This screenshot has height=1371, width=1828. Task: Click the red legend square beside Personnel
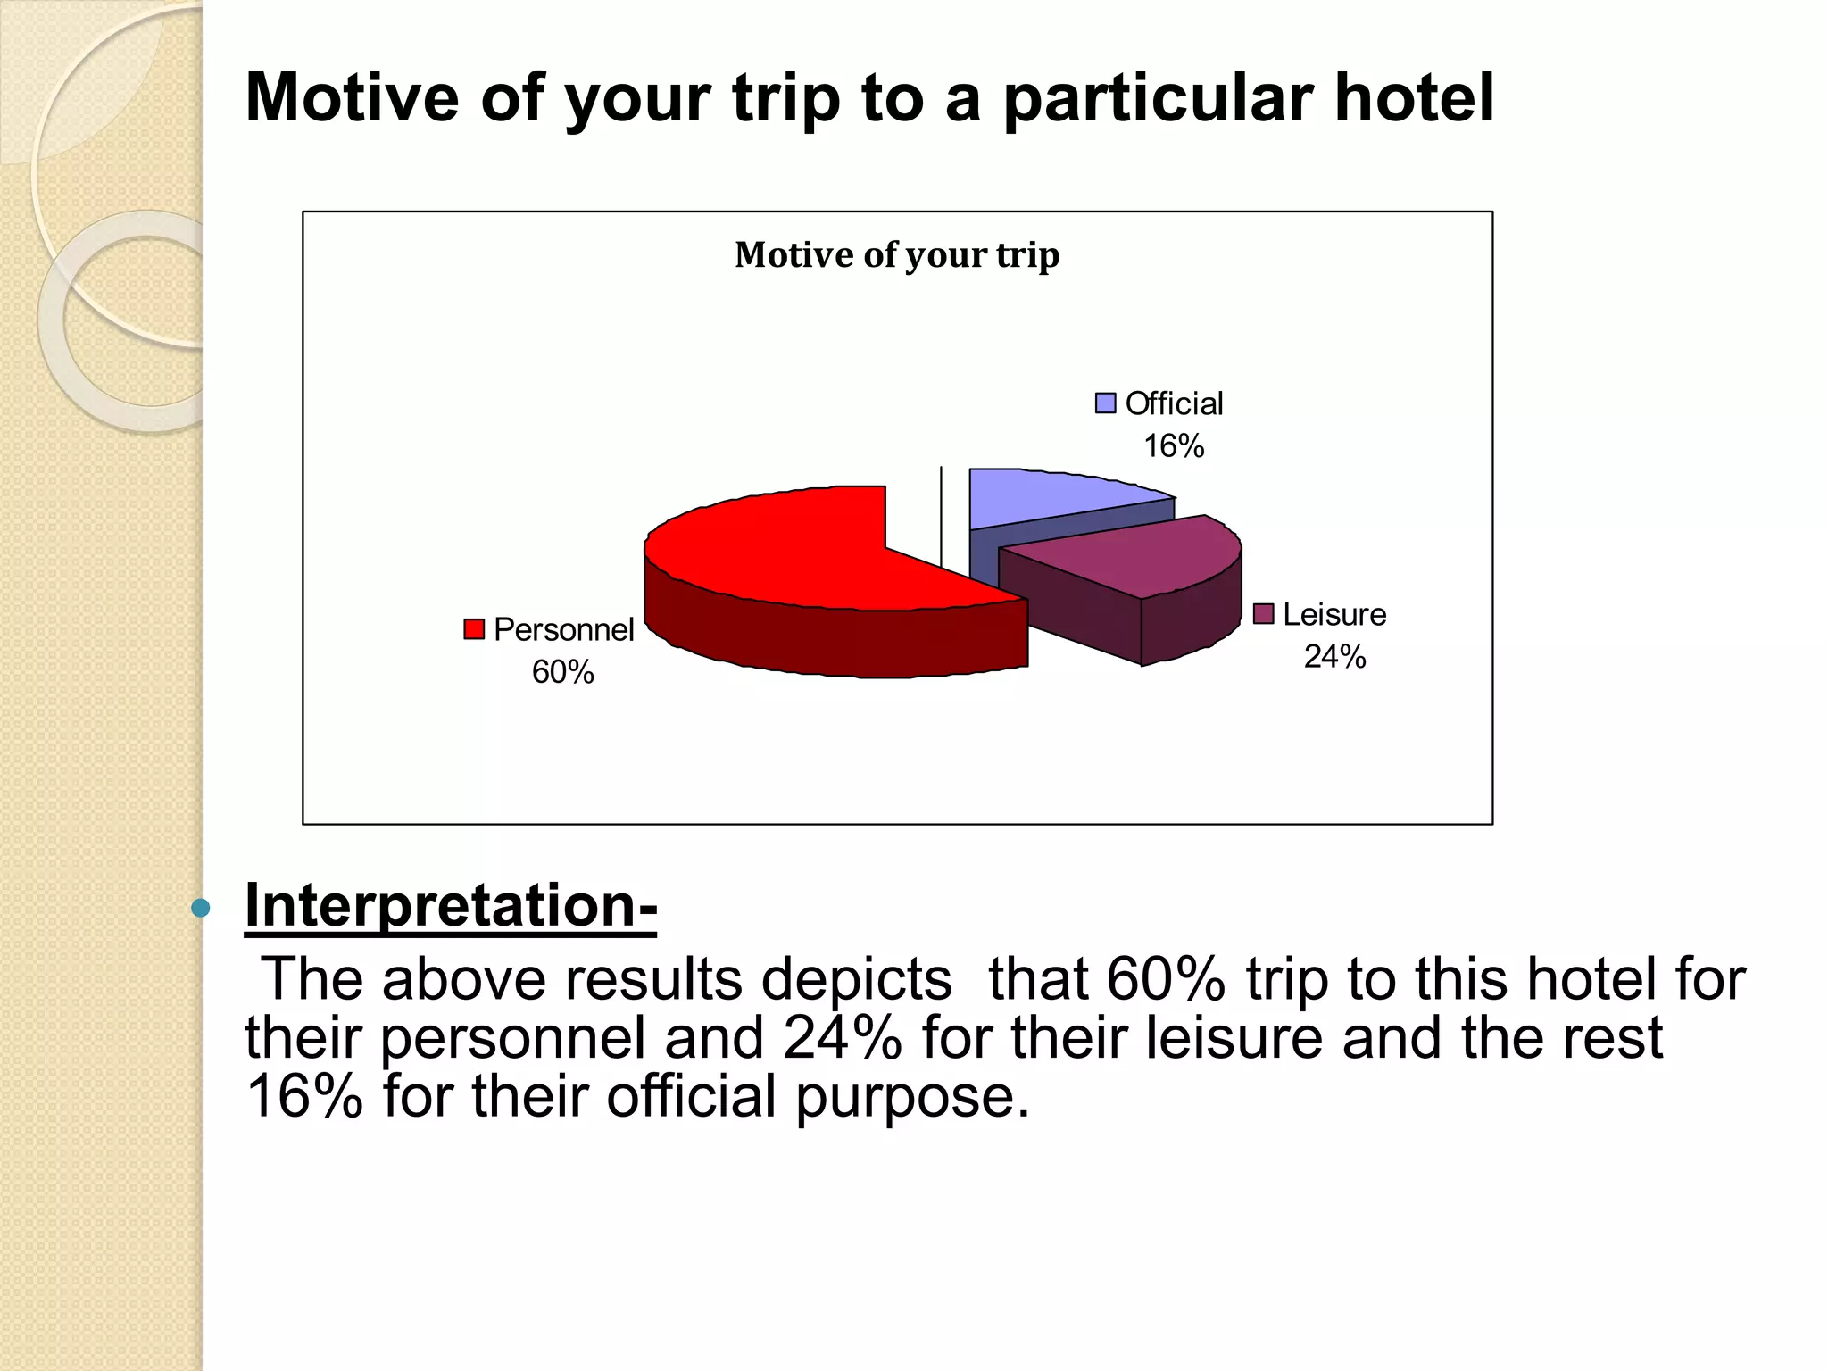(x=474, y=629)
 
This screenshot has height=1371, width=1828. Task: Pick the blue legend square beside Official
(x=1105, y=403)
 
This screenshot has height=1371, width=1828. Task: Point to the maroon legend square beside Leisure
(x=1263, y=614)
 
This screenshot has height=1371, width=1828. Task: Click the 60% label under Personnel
(x=562, y=672)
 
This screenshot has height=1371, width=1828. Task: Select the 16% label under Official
(x=1174, y=445)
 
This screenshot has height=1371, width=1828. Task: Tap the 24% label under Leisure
(x=1334, y=657)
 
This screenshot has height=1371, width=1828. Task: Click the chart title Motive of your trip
(x=897, y=255)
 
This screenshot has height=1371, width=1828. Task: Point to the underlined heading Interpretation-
(x=451, y=905)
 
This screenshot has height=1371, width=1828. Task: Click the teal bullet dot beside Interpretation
(x=201, y=909)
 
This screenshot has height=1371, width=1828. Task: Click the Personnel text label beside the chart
(x=563, y=630)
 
